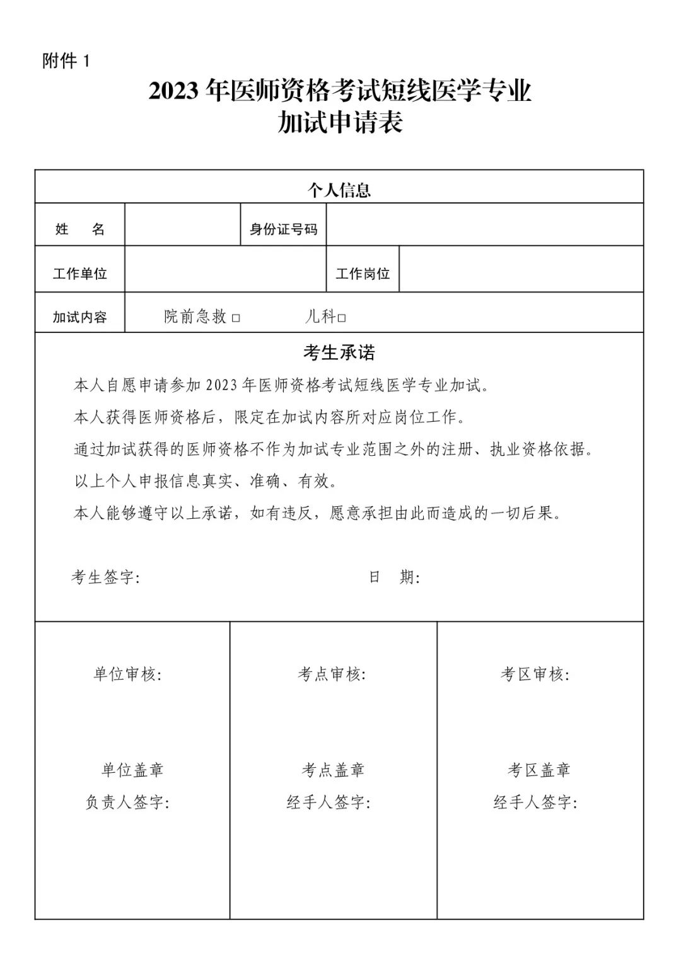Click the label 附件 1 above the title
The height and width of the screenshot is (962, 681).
(x=67, y=61)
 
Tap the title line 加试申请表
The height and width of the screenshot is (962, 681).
(x=340, y=123)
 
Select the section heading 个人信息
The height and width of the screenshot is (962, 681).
(x=339, y=190)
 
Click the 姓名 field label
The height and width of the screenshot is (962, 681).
(x=80, y=229)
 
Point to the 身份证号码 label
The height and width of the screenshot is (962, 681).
(x=284, y=229)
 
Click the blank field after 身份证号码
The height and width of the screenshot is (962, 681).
(x=484, y=225)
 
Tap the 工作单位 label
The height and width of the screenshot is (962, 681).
(x=80, y=274)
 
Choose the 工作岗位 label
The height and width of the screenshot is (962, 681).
(x=363, y=274)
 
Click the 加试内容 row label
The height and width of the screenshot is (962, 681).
(x=80, y=317)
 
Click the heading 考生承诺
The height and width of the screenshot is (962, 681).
(x=339, y=353)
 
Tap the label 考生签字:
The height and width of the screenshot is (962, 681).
(x=105, y=577)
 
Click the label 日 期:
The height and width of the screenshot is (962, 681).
(x=395, y=577)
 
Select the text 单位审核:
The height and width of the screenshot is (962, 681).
(x=128, y=675)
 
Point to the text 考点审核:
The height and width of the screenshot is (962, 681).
(x=332, y=675)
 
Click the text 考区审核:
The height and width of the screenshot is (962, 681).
(x=535, y=675)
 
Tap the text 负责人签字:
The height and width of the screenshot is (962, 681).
(x=128, y=803)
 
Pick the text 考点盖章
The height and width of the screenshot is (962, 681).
(x=333, y=770)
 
